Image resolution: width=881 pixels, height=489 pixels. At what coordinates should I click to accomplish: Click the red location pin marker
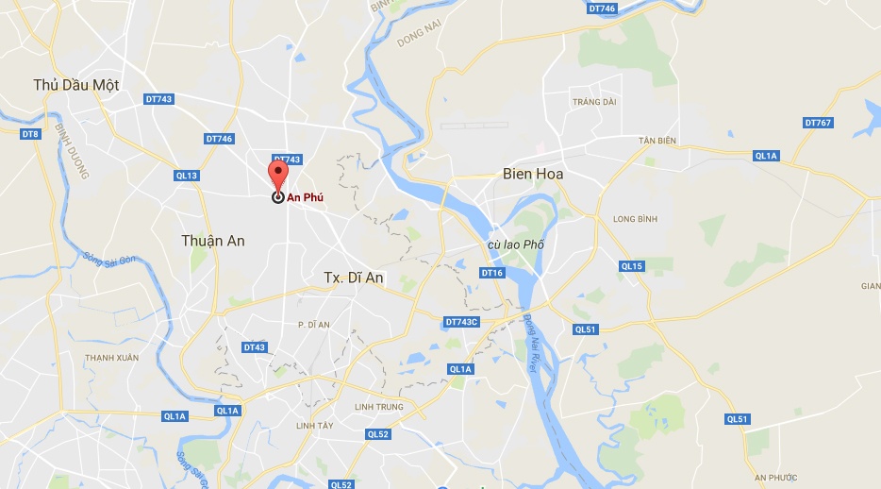[x=277, y=177]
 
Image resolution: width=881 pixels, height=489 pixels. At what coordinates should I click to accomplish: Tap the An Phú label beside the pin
[x=305, y=197]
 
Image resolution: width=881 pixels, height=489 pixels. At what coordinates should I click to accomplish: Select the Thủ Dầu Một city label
[x=75, y=85]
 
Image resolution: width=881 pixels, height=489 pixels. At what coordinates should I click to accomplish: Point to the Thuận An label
[x=213, y=241]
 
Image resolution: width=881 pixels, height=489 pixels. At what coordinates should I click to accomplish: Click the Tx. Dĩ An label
[x=353, y=278]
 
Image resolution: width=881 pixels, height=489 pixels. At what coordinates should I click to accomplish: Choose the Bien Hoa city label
[x=533, y=174]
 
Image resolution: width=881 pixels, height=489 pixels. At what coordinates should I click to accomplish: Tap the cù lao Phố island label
[x=516, y=244]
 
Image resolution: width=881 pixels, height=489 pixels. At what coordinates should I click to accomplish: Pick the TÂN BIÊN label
[x=657, y=141]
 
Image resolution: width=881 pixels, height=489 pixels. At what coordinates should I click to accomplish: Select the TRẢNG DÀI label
[x=594, y=101]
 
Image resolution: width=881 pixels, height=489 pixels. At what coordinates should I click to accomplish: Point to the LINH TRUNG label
[x=378, y=407]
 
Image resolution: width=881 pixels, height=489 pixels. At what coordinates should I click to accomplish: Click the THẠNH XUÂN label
[x=111, y=358]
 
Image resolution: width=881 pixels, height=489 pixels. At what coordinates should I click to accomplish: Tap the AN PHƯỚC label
[x=775, y=478]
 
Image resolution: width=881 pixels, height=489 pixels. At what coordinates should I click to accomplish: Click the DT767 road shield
[x=818, y=123]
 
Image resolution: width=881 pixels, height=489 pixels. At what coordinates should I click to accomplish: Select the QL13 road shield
[x=187, y=176]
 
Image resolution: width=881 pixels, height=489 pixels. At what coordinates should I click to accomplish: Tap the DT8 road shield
[x=30, y=134]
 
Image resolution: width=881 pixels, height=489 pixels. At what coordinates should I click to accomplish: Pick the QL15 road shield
[x=631, y=266]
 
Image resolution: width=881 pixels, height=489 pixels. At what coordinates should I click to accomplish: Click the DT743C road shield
[x=461, y=322]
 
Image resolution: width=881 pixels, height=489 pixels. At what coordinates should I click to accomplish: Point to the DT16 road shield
[x=491, y=273]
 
